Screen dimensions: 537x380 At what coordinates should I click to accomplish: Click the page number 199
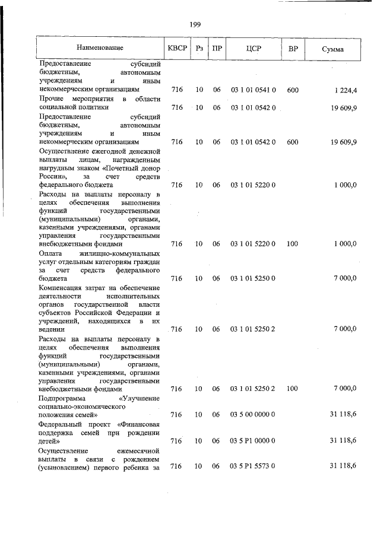[194, 24]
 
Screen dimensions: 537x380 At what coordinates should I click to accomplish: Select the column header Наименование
[100, 48]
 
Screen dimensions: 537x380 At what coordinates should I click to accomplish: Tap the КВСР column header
[176, 48]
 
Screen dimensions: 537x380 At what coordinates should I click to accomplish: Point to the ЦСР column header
[253, 48]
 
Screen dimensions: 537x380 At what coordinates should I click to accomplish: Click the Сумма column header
[332, 48]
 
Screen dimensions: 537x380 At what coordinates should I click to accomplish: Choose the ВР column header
[293, 48]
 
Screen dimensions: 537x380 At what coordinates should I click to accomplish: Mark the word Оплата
[50, 253]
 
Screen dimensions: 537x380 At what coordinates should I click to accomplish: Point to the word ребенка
[136, 467]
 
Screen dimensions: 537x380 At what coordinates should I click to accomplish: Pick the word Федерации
[132, 312]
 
